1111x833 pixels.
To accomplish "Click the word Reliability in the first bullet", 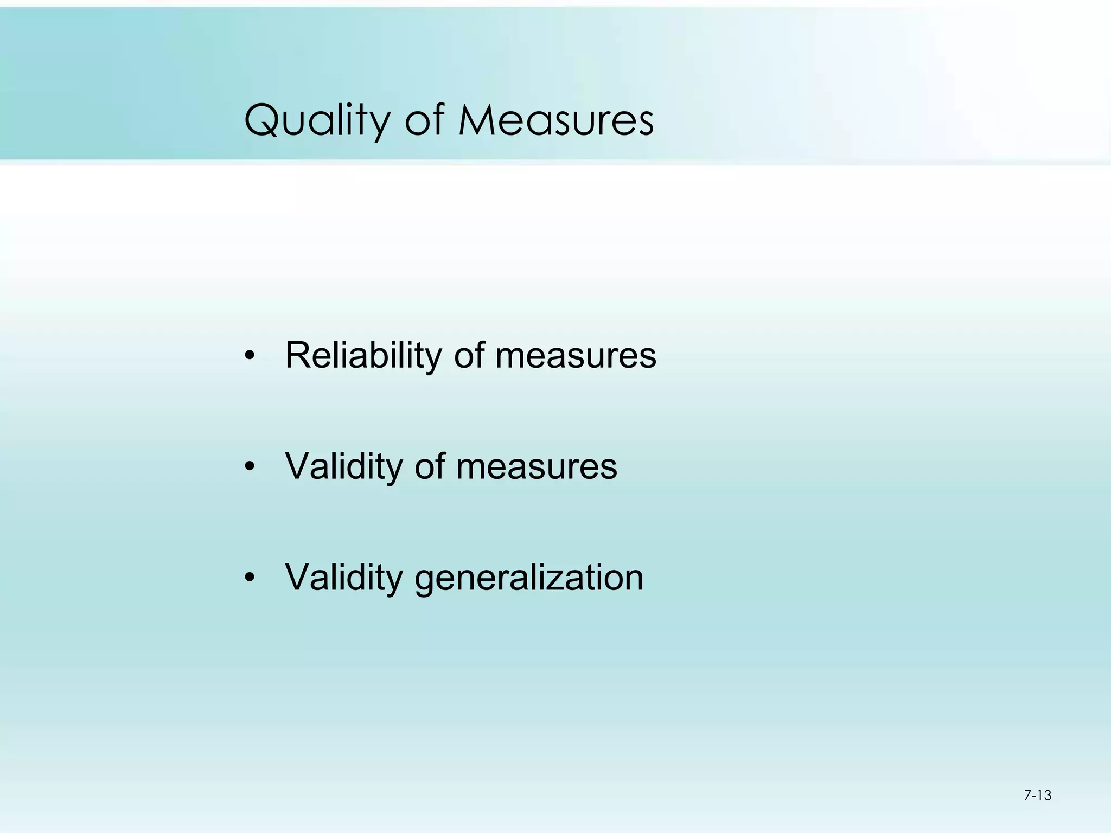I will point(363,356).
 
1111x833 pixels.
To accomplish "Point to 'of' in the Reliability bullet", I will point(470,356).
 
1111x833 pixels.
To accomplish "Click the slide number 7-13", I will point(1037,796).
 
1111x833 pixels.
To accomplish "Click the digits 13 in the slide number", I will point(1044,796).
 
